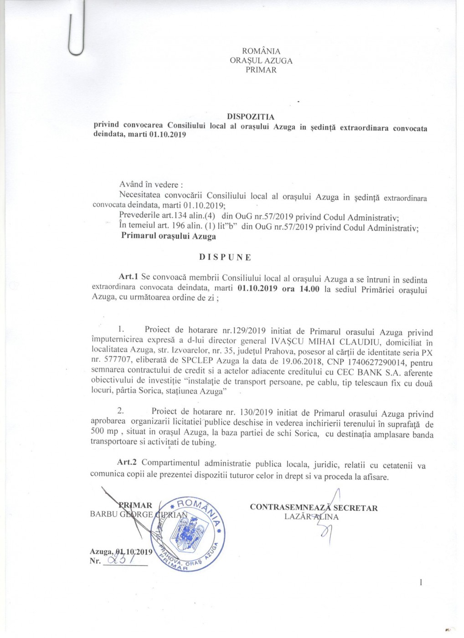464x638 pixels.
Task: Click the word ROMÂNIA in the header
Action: (x=261, y=51)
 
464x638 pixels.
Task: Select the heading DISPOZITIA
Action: (x=251, y=117)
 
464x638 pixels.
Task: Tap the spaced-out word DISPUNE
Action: (x=225, y=257)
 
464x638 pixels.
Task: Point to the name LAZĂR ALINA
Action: (x=311, y=517)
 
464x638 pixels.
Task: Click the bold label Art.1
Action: (x=128, y=277)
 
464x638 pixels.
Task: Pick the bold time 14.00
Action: (x=309, y=289)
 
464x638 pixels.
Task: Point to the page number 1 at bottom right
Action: (x=421, y=582)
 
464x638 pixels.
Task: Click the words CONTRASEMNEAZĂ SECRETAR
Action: (x=314, y=508)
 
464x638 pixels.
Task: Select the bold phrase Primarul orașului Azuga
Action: (x=169, y=237)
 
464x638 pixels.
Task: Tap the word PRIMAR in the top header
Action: (x=261, y=70)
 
